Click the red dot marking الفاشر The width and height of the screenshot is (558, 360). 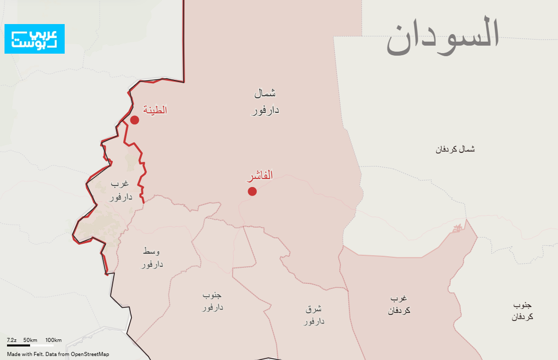[252, 191]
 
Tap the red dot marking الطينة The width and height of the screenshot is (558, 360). [134, 120]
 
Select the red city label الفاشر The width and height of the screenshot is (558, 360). [260, 176]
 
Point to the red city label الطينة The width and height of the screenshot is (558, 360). [155, 110]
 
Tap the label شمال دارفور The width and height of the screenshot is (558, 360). [265, 102]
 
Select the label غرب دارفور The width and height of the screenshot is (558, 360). [121, 191]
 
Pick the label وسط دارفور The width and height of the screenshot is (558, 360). [151, 257]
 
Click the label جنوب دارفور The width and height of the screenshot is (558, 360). [213, 300]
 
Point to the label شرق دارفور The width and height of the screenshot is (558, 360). [314, 314]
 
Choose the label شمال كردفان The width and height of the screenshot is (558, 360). [455, 149]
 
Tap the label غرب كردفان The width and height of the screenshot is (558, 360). [399, 304]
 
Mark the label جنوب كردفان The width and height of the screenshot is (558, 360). [522, 311]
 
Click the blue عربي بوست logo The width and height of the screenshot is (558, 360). [35, 39]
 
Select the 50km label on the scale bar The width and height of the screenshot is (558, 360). [30, 340]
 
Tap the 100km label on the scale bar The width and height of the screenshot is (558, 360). [53, 340]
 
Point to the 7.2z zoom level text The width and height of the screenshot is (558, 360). [12, 340]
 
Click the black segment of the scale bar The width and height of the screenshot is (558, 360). [19, 345]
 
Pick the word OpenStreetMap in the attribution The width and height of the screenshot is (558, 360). [90, 354]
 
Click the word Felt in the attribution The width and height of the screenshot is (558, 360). [40, 354]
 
